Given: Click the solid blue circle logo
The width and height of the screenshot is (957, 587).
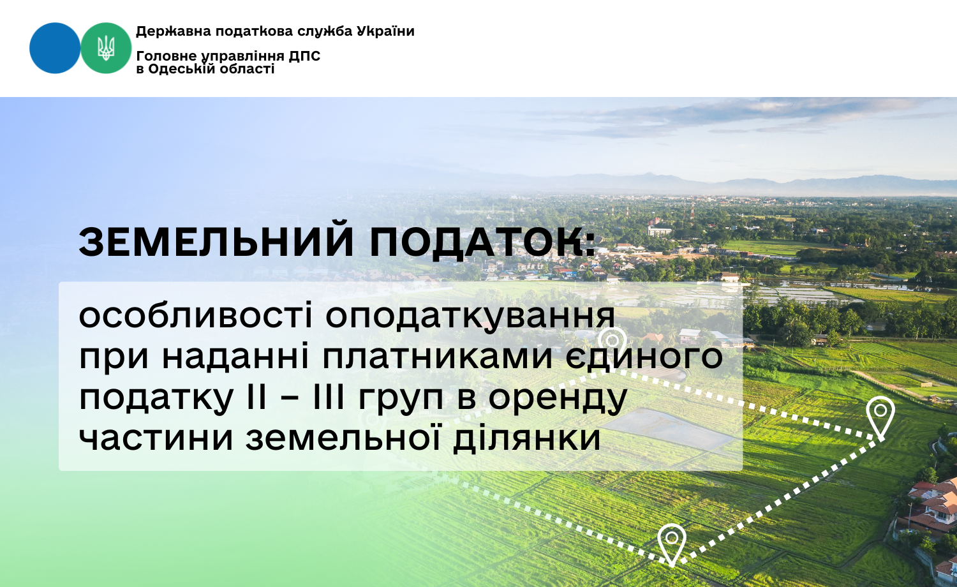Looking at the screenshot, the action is pyautogui.click(x=55, y=48).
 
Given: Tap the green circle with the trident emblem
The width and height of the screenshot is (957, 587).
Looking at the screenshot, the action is pyautogui.click(x=106, y=48).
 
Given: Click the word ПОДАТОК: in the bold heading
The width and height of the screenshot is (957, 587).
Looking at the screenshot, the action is pyautogui.click(x=482, y=242).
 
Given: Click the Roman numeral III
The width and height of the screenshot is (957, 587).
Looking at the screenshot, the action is pyautogui.click(x=329, y=398).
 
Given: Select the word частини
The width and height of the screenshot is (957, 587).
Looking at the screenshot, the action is pyautogui.click(x=156, y=438).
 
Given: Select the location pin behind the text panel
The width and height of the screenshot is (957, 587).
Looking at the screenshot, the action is pyautogui.click(x=612, y=340).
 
